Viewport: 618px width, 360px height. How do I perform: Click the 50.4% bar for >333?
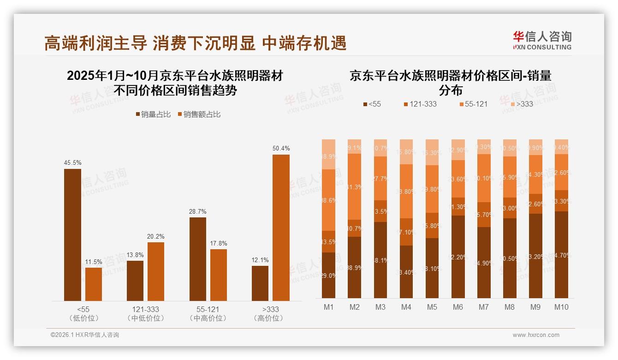click(x=281, y=228)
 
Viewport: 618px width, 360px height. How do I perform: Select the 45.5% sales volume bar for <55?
click(x=72, y=234)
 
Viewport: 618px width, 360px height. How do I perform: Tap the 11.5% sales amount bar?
click(x=94, y=284)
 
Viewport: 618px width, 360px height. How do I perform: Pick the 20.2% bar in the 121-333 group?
click(x=156, y=271)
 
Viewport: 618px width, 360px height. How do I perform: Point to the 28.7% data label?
click(x=197, y=211)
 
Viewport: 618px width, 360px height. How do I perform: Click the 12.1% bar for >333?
click(x=260, y=283)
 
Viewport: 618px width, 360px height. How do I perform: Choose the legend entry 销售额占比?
click(x=199, y=114)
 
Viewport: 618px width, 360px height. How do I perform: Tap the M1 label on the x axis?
click(x=328, y=307)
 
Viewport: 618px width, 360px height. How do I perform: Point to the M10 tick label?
click(x=561, y=307)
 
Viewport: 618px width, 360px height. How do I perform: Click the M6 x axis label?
click(x=458, y=307)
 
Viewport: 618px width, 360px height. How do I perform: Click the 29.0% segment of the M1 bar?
click(x=329, y=275)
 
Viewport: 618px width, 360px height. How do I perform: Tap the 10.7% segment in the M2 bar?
click(x=355, y=228)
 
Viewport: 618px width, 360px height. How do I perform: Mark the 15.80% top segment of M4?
click(x=406, y=151)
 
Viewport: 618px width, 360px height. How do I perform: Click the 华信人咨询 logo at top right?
click(x=542, y=40)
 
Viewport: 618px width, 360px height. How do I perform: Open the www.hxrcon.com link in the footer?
click(x=536, y=335)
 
